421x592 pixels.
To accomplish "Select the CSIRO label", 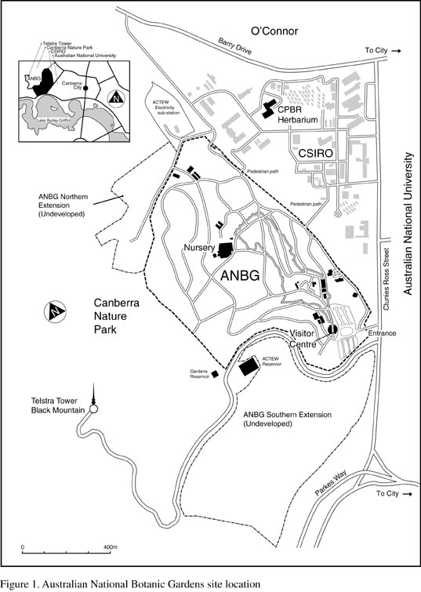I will (317, 154).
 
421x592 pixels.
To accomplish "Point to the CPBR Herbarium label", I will (299, 115).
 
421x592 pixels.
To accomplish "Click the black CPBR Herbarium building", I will (269, 107).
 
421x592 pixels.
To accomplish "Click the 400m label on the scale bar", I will (110, 547).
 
